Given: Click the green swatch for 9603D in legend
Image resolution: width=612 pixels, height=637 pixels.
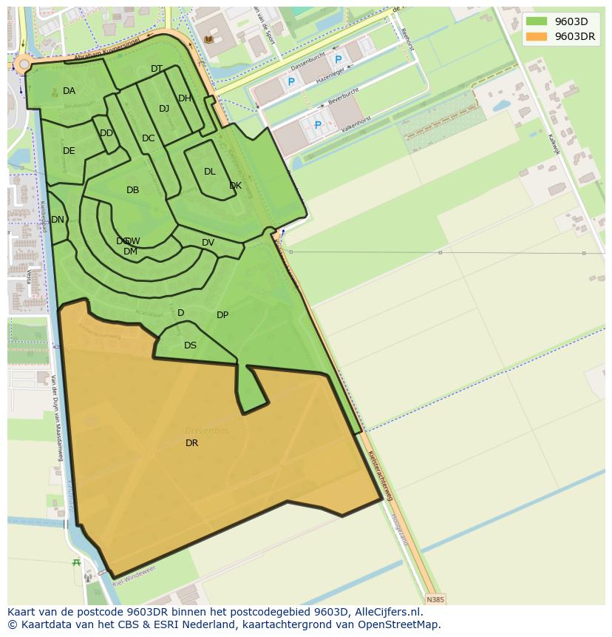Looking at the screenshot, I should pyautogui.click(x=537, y=21).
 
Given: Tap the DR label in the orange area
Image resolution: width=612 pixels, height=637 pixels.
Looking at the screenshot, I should pyautogui.click(x=192, y=443).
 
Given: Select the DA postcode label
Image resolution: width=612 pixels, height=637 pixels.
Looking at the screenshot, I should pyautogui.click(x=69, y=91).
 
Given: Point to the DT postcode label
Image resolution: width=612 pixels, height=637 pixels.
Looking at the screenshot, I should pyautogui.click(x=157, y=69).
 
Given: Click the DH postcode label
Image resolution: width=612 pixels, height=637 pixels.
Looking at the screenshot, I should pyautogui.click(x=184, y=98).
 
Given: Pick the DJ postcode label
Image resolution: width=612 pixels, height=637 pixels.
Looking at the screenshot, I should pyautogui.click(x=164, y=109).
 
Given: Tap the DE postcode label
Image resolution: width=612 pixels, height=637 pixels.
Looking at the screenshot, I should pyautogui.click(x=69, y=151).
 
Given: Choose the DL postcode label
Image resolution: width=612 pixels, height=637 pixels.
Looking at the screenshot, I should pyautogui.click(x=210, y=172).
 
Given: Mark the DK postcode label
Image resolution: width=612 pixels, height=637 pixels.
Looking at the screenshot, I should pyautogui.click(x=235, y=186).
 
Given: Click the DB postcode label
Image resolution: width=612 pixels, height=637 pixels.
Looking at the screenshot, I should pyautogui.click(x=132, y=190).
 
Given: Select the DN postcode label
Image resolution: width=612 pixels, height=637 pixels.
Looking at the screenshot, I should pyautogui.click(x=58, y=220).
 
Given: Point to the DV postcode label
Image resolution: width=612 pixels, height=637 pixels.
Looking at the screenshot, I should pyautogui.click(x=208, y=243).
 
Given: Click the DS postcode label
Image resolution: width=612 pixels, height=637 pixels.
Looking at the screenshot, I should pyautogui.click(x=190, y=346).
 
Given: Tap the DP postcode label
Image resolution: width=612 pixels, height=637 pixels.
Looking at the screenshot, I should pyautogui.click(x=222, y=315).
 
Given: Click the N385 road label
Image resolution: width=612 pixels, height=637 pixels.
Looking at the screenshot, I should pyautogui.click(x=436, y=599).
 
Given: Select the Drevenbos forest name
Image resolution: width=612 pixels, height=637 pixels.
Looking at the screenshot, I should pyautogui.click(x=207, y=431).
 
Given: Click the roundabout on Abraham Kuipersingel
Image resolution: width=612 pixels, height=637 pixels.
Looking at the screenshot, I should pyautogui.click(x=24, y=65).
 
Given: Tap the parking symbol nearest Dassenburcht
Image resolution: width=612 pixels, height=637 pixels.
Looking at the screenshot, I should pyautogui.click(x=339, y=59).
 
